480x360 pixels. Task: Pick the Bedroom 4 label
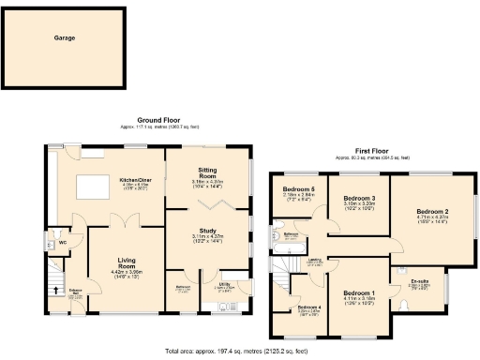point(308,307)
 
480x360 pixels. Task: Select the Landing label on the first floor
point(316,260)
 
